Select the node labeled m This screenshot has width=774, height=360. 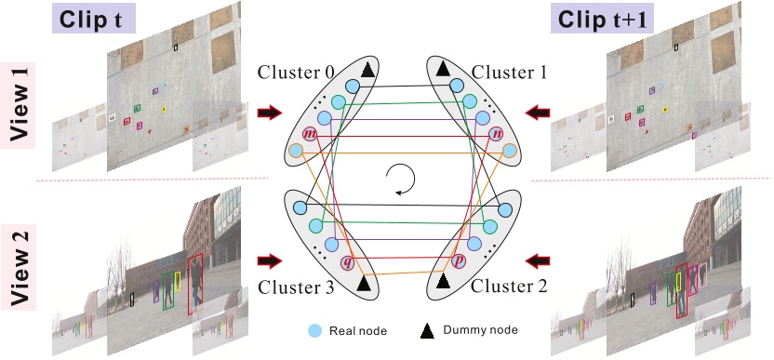pos(309,135)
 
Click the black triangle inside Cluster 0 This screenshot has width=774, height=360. pos(368,70)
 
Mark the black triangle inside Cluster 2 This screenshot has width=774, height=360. pos(444,279)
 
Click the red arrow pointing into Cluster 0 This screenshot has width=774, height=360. pos(270,113)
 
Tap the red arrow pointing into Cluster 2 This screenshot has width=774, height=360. pos(538,259)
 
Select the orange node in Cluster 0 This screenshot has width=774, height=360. pos(297,151)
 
